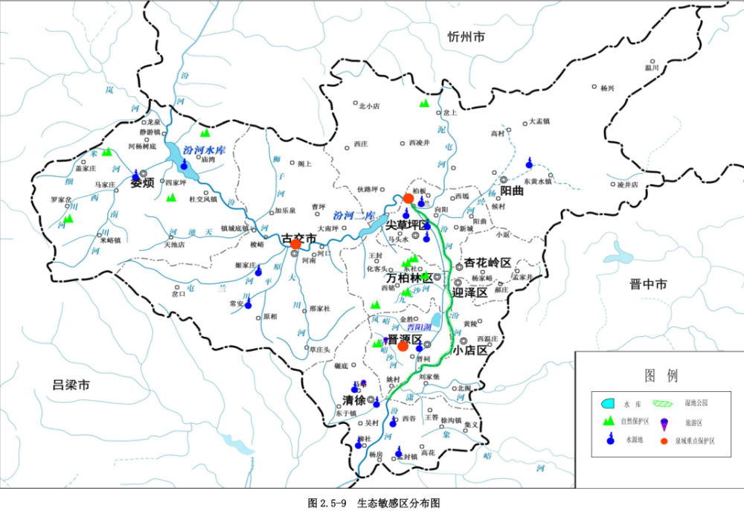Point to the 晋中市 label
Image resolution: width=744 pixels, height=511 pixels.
(x=648, y=283)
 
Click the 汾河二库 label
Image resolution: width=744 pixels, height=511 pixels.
(x=352, y=215)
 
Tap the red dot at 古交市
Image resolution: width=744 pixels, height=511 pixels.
(x=296, y=243)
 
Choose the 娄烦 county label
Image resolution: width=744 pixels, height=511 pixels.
(x=142, y=183)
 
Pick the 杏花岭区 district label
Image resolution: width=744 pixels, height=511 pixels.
(x=487, y=263)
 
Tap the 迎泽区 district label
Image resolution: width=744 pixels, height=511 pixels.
(x=470, y=292)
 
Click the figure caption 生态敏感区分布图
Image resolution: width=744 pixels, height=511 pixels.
(x=398, y=502)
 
